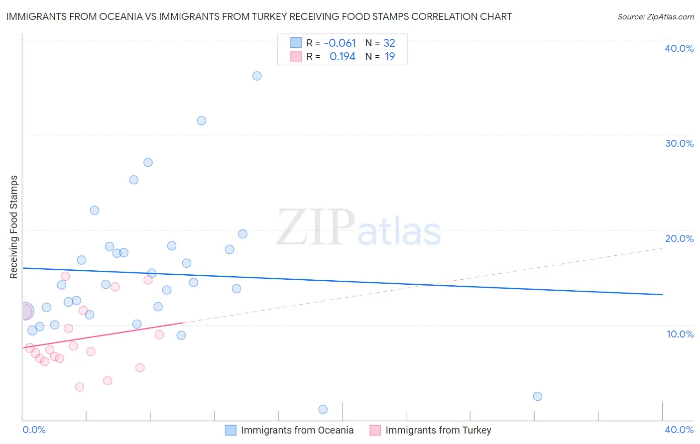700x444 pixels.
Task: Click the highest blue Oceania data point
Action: click(x=257, y=76)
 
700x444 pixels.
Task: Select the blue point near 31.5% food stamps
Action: click(x=202, y=120)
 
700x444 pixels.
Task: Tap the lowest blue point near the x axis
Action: click(x=323, y=409)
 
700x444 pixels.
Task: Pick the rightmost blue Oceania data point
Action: click(x=538, y=396)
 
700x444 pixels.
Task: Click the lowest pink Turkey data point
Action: click(x=80, y=387)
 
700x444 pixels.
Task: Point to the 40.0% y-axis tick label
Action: click(x=679, y=48)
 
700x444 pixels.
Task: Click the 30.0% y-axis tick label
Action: click(x=679, y=143)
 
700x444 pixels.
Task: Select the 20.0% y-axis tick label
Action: click(x=679, y=238)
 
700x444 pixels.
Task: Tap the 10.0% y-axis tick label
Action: click(x=680, y=334)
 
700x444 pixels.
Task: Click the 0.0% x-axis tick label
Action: click(x=34, y=430)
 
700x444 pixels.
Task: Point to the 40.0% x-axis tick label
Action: click(x=679, y=430)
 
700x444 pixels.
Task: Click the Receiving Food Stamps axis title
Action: click(x=14, y=227)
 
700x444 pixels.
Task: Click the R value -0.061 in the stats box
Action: click(x=340, y=43)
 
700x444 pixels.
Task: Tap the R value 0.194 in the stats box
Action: click(x=343, y=57)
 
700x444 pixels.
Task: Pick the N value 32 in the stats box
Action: click(x=389, y=43)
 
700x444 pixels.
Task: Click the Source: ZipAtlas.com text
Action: click(x=655, y=17)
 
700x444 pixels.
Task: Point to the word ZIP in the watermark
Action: click(x=316, y=228)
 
